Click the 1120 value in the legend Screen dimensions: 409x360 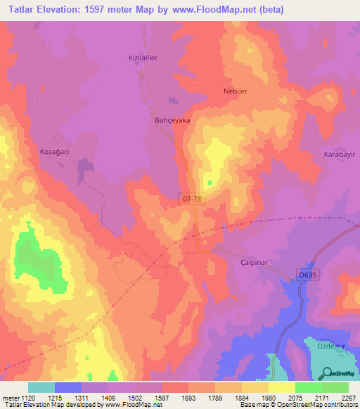[27, 397]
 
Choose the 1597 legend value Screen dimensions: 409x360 [161, 397]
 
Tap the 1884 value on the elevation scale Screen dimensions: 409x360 [241, 397]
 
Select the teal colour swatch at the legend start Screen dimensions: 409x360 [41, 387]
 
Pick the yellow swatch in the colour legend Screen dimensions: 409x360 [282, 387]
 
